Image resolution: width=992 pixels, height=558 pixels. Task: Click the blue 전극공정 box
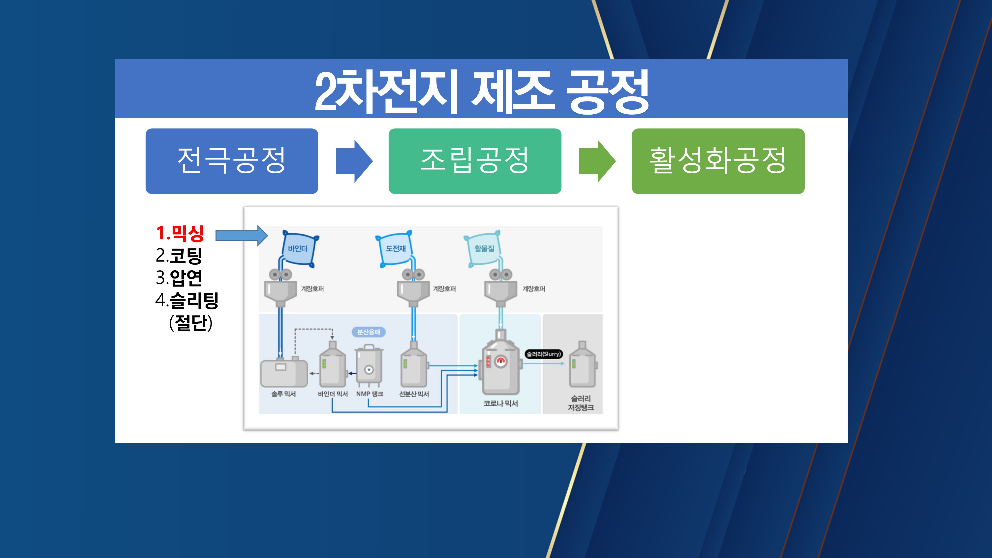pos(231,161)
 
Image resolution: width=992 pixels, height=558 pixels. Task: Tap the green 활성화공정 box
pos(718,161)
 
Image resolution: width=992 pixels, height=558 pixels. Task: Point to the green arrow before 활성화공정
pos(597,161)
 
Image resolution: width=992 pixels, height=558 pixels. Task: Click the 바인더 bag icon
pos(298,248)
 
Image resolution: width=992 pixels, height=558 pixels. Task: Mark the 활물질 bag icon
pos(484,248)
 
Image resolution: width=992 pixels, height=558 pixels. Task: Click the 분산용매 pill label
pos(369,332)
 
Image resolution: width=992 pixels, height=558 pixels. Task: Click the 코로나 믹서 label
pos(501,403)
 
